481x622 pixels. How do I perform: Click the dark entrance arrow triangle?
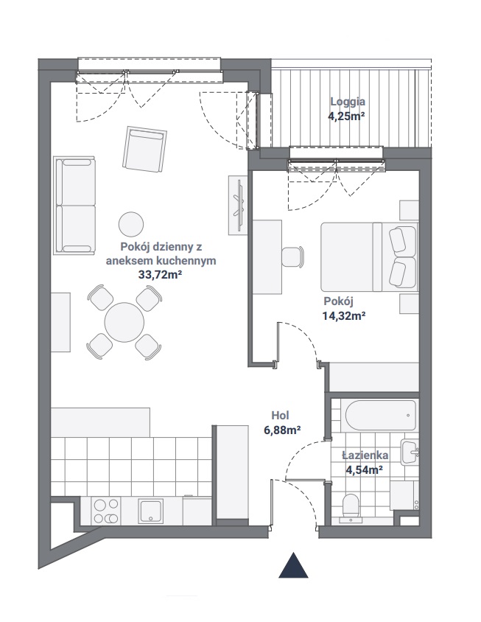click(293, 566)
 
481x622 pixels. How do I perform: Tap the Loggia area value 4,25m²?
click(345, 116)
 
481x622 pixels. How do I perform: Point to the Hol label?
click(280, 416)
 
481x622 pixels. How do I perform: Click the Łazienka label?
click(365, 455)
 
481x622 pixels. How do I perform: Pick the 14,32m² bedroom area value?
click(344, 315)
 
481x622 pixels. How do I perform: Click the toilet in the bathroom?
click(351, 506)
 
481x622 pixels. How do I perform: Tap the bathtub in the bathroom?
click(381, 416)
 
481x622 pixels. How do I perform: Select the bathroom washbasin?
click(410, 452)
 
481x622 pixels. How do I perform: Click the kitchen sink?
click(151, 511)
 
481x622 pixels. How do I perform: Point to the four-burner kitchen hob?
click(105, 511)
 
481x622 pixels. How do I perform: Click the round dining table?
click(124, 322)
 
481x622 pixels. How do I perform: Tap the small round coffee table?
click(131, 224)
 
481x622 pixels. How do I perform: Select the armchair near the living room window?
click(144, 149)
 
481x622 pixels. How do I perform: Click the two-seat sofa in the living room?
click(74, 206)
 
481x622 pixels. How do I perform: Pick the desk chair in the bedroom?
click(292, 257)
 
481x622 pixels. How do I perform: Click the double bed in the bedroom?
click(370, 257)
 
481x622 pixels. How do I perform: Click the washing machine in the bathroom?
click(404, 495)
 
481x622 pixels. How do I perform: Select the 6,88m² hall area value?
click(282, 430)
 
